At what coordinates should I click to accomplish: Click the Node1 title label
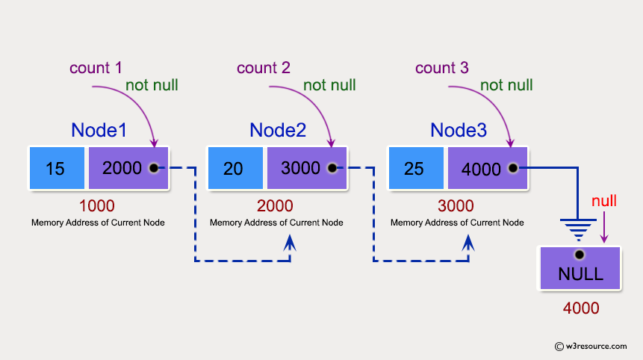[x=99, y=130]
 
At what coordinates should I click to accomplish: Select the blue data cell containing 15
[x=55, y=168]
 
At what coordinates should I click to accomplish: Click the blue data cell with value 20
[x=234, y=168]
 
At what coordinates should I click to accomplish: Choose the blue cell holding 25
[x=414, y=168]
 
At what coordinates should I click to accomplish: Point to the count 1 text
[x=96, y=68]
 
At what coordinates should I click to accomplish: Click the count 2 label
[x=263, y=68]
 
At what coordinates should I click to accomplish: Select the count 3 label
[x=442, y=68]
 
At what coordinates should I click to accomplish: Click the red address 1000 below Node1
[x=98, y=205]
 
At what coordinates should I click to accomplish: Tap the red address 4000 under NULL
[x=580, y=307]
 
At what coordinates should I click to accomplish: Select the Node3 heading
[x=459, y=130]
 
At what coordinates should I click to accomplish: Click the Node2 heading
[x=278, y=130]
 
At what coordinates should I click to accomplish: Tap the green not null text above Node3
[x=506, y=85]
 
